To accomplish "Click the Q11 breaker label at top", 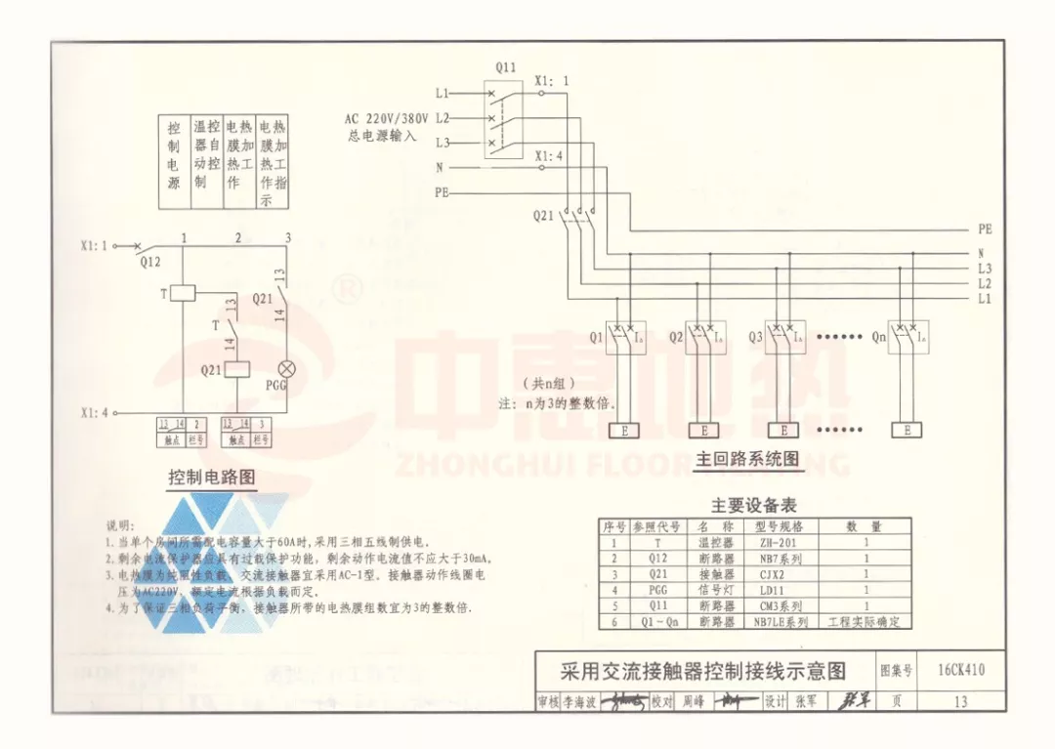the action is click(505, 67).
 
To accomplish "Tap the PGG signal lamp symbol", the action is click(286, 369).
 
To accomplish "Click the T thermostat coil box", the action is click(183, 291).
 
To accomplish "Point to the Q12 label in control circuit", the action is click(149, 262).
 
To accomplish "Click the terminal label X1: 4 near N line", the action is click(549, 155).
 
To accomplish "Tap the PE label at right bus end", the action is click(984, 229).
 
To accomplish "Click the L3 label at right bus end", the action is click(984, 269).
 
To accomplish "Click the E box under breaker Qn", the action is click(907, 430).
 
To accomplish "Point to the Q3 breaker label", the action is click(755, 337).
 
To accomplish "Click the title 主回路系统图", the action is click(747, 458).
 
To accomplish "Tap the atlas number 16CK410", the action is click(960, 670).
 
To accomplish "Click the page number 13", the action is click(960, 701).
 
